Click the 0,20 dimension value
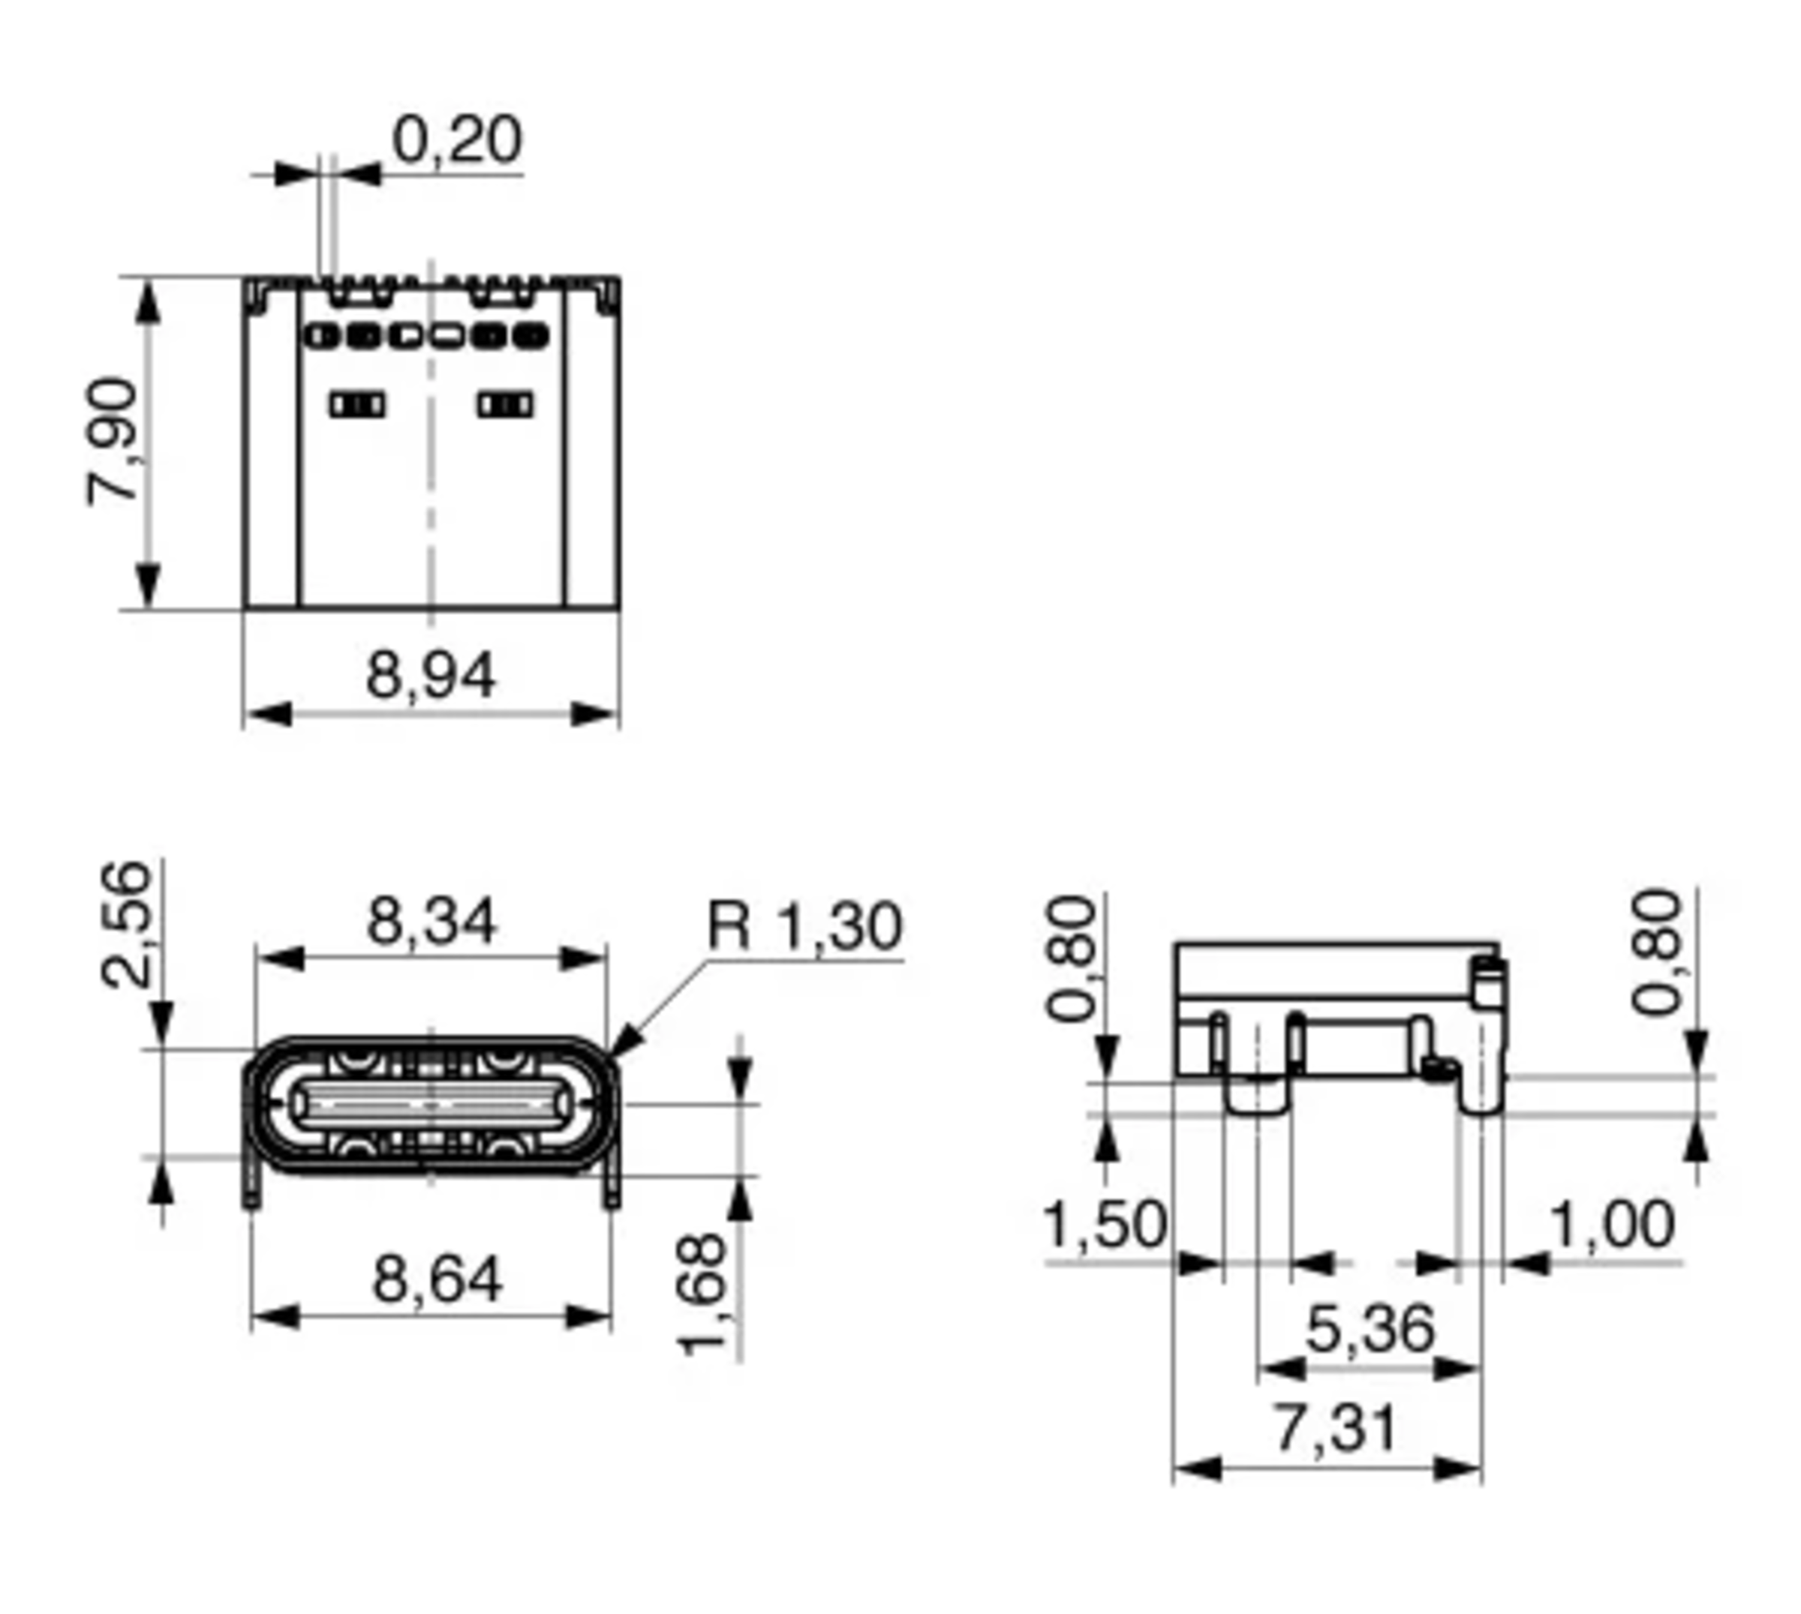[x=457, y=140]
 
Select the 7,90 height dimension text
[x=113, y=442]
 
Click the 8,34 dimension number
[x=431, y=922]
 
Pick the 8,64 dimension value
[x=437, y=1279]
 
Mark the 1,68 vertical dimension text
[x=702, y=1294]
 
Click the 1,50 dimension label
[x=1105, y=1225]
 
